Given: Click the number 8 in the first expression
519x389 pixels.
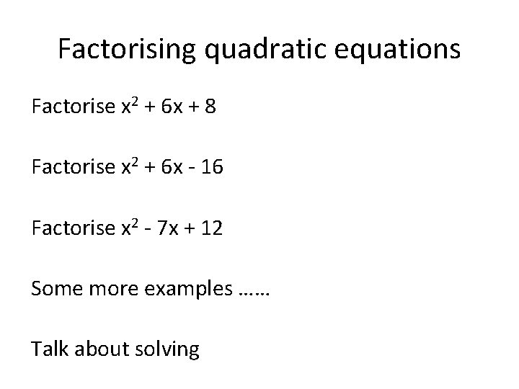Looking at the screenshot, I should point(208,108).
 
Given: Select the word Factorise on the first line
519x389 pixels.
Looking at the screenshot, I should point(73,108).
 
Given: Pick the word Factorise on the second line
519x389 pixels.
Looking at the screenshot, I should point(73,169).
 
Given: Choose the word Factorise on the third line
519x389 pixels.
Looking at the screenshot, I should point(73,229).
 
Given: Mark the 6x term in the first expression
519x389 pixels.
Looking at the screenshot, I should point(170,108).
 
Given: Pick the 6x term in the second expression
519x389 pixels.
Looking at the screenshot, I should point(170,169).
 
